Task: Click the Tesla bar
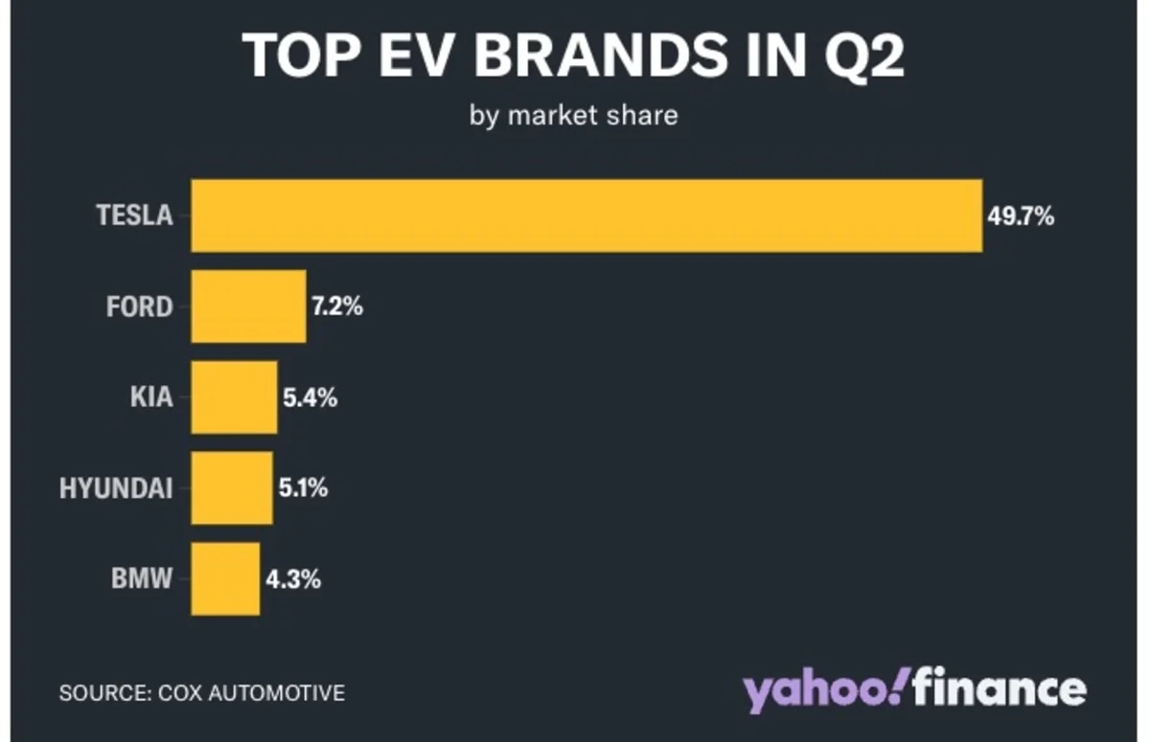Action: click(x=586, y=215)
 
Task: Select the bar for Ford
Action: click(x=248, y=306)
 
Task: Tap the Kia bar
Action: click(x=234, y=397)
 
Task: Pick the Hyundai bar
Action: click(x=231, y=488)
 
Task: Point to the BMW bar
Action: click(x=225, y=579)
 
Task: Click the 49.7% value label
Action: click(x=1022, y=216)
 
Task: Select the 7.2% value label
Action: click(x=336, y=307)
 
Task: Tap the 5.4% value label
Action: click(x=309, y=398)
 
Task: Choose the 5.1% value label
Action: click(x=303, y=489)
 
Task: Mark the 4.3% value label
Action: click(x=292, y=580)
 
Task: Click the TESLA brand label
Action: click(x=134, y=215)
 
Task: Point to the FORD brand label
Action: click(x=139, y=307)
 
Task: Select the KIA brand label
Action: click(x=151, y=397)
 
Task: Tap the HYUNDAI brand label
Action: click(x=116, y=489)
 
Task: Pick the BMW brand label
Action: click(x=142, y=579)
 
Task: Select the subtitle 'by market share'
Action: click(x=573, y=116)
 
